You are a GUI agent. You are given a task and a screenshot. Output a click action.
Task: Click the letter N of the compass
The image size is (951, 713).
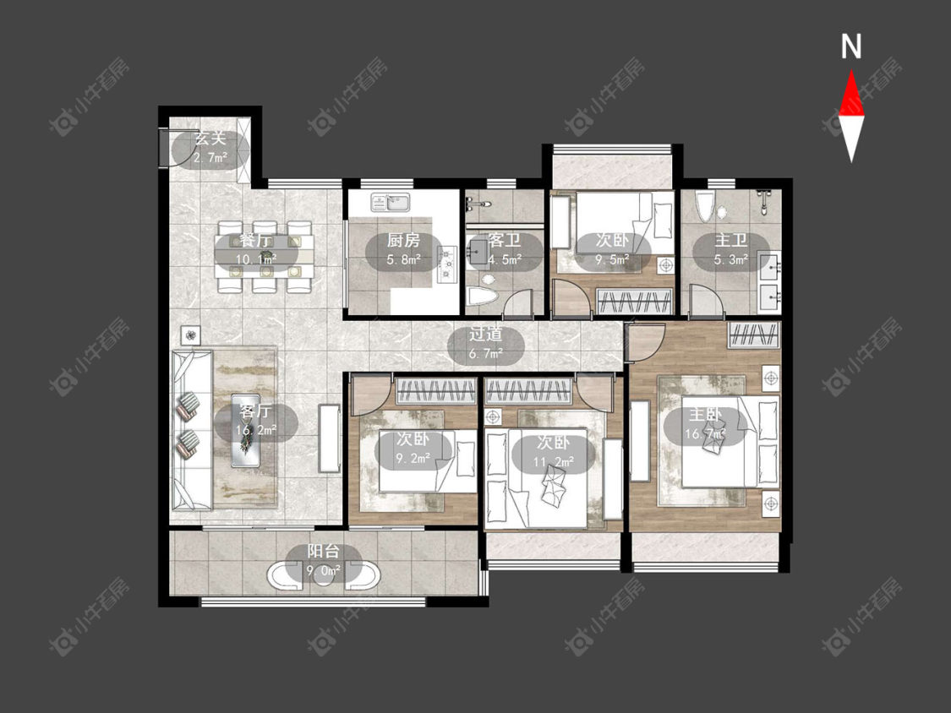(x=851, y=46)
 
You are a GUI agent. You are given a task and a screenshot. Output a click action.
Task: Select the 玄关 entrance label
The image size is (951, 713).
(x=210, y=139)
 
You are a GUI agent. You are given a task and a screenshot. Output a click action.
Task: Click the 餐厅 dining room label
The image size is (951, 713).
(x=255, y=240)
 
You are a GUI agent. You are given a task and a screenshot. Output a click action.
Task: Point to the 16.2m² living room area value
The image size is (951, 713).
(x=256, y=431)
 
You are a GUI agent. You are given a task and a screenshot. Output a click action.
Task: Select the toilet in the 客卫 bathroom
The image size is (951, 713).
(x=484, y=297)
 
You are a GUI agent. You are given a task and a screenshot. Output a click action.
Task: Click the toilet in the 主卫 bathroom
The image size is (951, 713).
(x=703, y=207)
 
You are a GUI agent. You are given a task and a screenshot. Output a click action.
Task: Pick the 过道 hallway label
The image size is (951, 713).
(x=485, y=334)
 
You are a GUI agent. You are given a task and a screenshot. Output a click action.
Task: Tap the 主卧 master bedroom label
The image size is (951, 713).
(x=705, y=415)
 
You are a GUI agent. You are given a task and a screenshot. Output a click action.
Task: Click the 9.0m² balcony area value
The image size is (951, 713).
(x=323, y=570)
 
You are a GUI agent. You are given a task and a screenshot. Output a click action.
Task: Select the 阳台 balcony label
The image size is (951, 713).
(x=323, y=551)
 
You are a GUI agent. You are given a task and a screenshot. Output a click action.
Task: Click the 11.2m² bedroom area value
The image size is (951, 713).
(x=554, y=462)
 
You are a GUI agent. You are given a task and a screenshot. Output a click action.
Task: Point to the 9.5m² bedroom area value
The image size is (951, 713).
(x=611, y=259)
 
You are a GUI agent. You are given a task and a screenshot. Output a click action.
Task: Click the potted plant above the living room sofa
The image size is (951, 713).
(x=190, y=335)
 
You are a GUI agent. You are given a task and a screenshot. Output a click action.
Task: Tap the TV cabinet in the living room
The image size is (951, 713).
(x=330, y=438)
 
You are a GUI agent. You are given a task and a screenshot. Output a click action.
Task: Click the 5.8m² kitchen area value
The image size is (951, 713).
(x=404, y=260)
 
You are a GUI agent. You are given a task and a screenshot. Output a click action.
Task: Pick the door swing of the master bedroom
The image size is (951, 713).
(x=645, y=343)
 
